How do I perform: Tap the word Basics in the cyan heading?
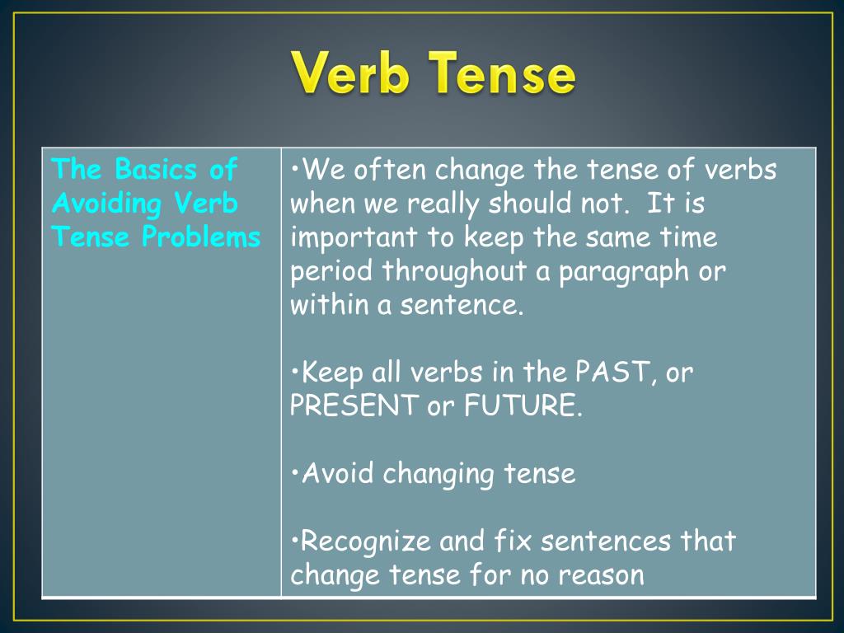pos(156,170)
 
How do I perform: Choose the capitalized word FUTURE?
pos(518,406)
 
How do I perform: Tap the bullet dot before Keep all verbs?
pos(296,373)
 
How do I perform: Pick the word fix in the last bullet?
pos(509,542)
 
